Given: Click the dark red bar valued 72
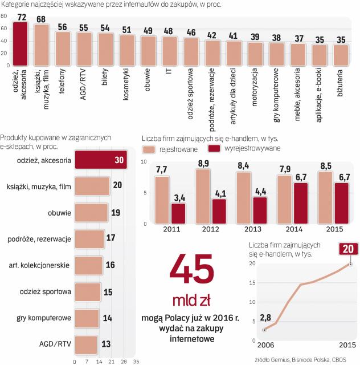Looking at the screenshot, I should (x=21, y=43).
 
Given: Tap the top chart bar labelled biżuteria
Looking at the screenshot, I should (x=341, y=54).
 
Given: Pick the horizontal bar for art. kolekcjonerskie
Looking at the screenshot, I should (x=89, y=265).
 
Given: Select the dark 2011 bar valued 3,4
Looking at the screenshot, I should (x=178, y=212).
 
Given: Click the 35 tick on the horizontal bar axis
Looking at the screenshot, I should (x=135, y=360).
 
